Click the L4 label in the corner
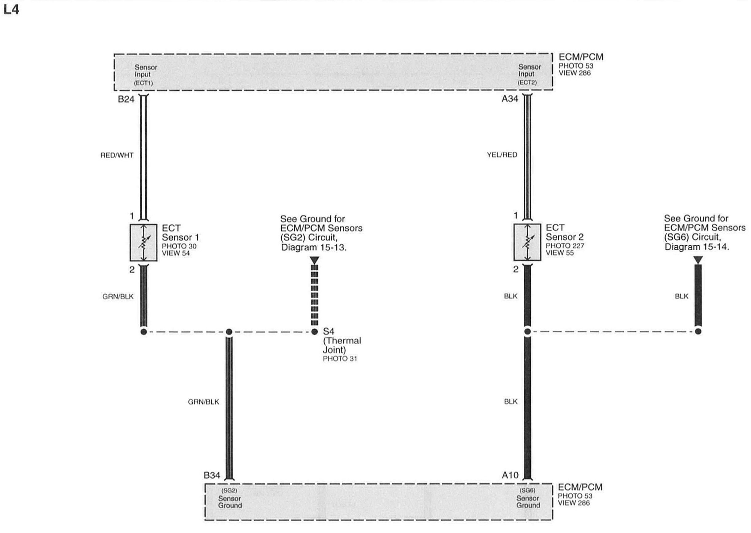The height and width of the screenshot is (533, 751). pyautogui.click(x=11, y=10)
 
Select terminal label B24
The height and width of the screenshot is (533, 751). pyautogui.click(x=126, y=99)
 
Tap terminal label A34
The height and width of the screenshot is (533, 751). pyautogui.click(x=510, y=99)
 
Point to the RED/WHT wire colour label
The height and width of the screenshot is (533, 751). pyautogui.click(x=117, y=155)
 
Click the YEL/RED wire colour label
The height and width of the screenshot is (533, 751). pyautogui.click(x=502, y=155)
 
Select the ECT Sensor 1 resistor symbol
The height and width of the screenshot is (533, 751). pyautogui.click(x=143, y=243)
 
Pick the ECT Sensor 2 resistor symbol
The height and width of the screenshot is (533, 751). pyautogui.click(x=527, y=242)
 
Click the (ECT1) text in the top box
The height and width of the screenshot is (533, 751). pyautogui.click(x=143, y=83)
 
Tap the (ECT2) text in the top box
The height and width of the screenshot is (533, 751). pyautogui.click(x=527, y=82)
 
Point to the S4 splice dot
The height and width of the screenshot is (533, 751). pyautogui.click(x=314, y=332)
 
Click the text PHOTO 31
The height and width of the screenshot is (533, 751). pyautogui.click(x=340, y=359)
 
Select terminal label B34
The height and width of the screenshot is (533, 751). pyautogui.click(x=212, y=475)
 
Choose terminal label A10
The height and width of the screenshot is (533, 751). pyautogui.click(x=510, y=475)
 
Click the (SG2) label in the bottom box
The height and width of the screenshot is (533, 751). pyautogui.click(x=229, y=490)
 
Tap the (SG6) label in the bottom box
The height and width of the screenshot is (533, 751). pyautogui.click(x=527, y=490)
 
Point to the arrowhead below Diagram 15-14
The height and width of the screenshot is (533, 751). pyautogui.click(x=698, y=260)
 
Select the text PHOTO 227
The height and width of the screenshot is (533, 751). pyautogui.click(x=565, y=246)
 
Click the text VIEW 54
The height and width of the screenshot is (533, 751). pyautogui.click(x=176, y=253)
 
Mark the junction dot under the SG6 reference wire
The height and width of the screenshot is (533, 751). pyautogui.click(x=698, y=332)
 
